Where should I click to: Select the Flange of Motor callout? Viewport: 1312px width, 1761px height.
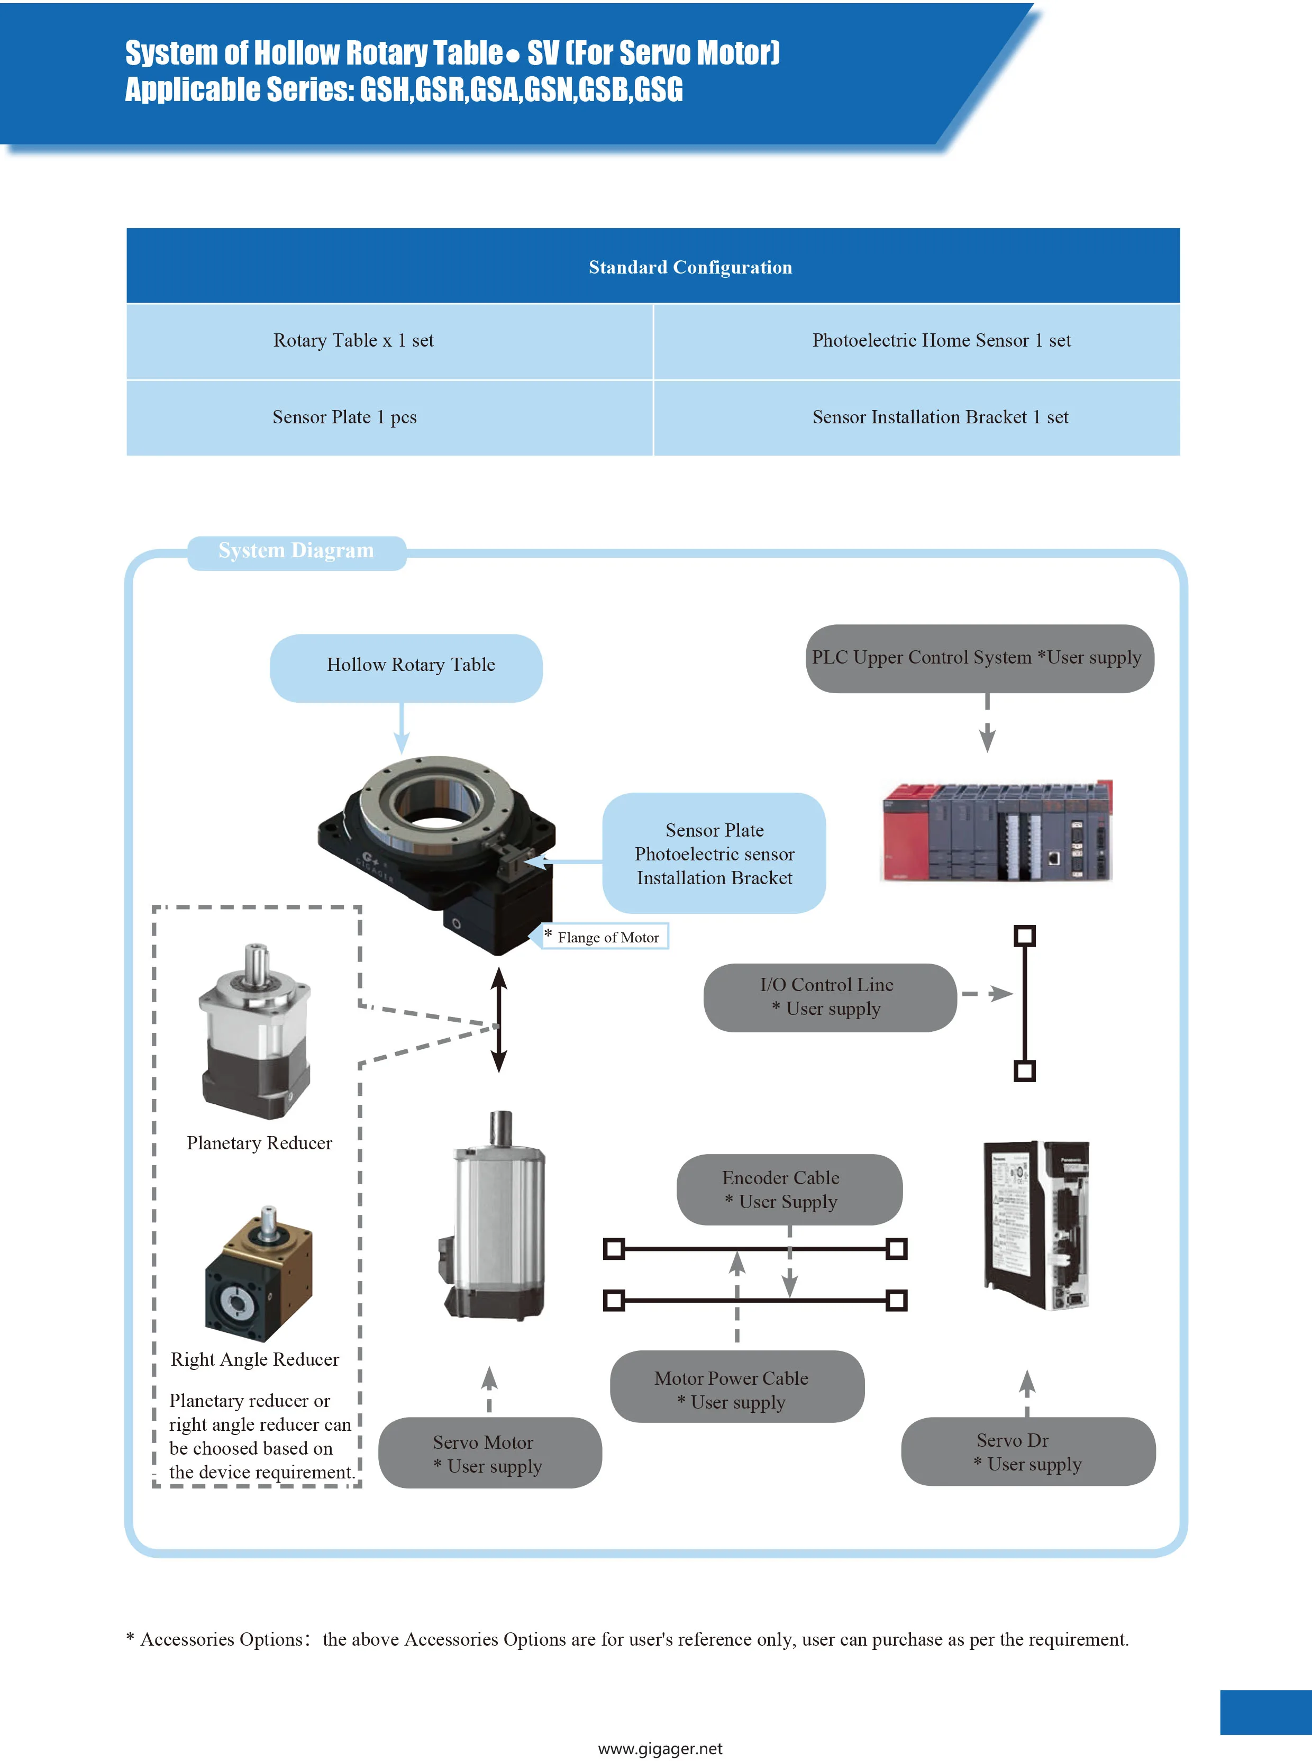(606, 937)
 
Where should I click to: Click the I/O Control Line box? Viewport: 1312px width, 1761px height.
(830, 997)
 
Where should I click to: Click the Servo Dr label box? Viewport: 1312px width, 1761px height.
(1028, 1451)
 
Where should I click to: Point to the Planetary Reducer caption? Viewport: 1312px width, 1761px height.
(259, 1143)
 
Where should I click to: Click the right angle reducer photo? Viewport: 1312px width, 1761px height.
(259, 1274)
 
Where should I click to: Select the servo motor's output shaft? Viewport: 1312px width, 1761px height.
(500, 1128)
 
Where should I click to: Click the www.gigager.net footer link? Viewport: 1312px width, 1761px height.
(660, 1748)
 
